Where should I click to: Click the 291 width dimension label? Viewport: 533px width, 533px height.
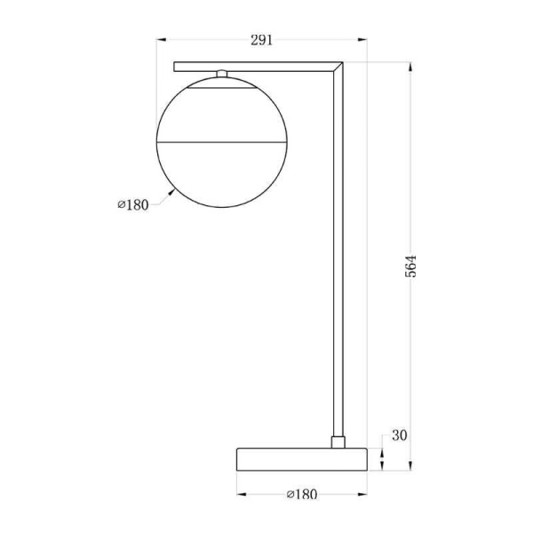[x=261, y=40]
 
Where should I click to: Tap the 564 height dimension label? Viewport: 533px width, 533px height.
[x=410, y=266]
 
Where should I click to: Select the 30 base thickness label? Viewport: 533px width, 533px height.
[x=399, y=435]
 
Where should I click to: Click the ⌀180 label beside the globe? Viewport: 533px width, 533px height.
[x=133, y=205]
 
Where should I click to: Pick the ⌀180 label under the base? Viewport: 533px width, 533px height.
[x=302, y=494]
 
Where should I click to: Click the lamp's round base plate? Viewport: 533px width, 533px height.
[x=302, y=459]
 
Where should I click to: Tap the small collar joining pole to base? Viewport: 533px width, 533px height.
[x=338, y=442]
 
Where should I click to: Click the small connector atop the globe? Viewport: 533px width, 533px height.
[x=221, y=74]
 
